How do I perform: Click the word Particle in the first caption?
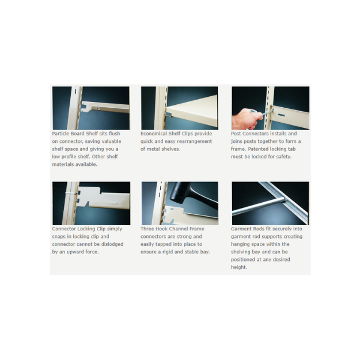(x=60, y=134)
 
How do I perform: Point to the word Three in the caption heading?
(x=149, y=229)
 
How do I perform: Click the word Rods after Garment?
(x=260, y=229)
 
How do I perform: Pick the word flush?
(x=112, y=134)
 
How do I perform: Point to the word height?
(x=238, y=267)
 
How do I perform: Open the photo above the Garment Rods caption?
(x=270, y=203)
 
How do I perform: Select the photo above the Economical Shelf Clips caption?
(x=179, y=108)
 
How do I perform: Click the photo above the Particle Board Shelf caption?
(x=90, y=108)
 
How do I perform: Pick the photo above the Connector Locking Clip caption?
(x=90, y=203)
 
